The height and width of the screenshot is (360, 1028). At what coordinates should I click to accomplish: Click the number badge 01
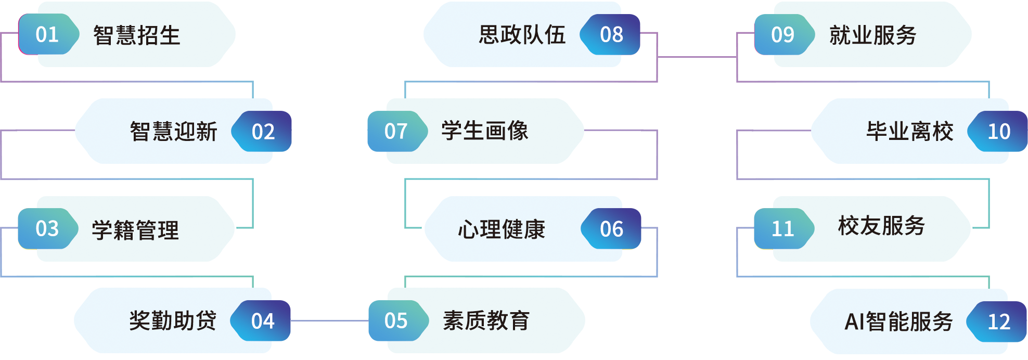47,34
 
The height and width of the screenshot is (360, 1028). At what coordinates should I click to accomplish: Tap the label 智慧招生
136,35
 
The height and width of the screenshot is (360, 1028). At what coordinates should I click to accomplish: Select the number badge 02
263,132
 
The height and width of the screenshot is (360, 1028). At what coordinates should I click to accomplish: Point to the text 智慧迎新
173,132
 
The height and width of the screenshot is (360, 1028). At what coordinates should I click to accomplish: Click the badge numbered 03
47,228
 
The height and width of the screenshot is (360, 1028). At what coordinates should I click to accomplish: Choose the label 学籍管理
135,230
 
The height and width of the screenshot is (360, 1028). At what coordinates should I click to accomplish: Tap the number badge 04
262,321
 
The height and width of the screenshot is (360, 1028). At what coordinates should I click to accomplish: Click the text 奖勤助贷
173,321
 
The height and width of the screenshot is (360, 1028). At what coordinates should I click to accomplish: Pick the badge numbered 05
395,320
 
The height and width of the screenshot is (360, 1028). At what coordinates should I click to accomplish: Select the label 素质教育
486,320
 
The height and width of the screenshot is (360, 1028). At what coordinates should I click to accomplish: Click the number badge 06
611,229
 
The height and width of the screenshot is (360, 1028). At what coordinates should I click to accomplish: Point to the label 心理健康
502,229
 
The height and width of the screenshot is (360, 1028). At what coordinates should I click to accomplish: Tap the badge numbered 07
395,131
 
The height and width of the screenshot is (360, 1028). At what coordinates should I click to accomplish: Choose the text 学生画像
485,131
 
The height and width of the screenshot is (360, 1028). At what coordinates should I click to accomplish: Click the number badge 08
611,34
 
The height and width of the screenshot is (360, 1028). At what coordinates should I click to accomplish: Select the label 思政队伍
522,35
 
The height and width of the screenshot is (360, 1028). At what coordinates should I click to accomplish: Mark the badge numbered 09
782,34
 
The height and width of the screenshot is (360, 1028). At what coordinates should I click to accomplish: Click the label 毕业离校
909,131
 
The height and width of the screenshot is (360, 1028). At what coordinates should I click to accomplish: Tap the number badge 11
782,228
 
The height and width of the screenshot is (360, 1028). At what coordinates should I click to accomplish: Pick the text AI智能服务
898,322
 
